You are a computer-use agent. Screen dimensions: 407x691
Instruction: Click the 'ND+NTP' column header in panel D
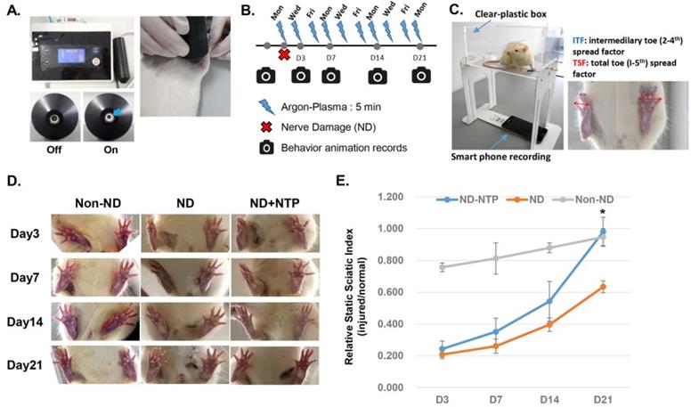pos(269,201)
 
